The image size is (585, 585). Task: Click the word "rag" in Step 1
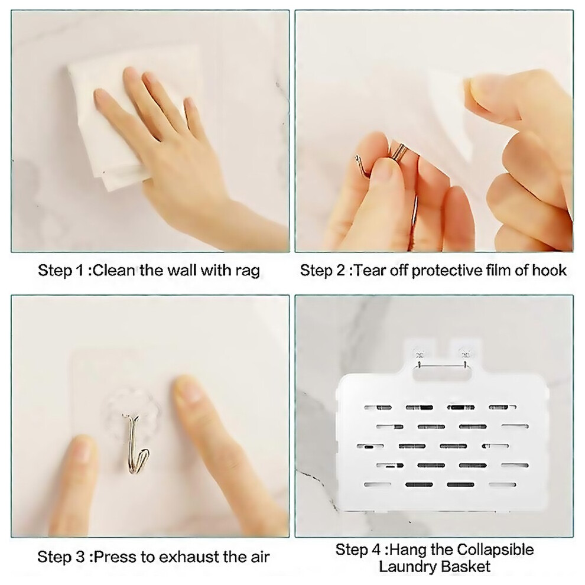248,271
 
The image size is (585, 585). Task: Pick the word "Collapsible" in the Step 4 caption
495,550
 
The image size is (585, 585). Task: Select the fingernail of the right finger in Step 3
190,389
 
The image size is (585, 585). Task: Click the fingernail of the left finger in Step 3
80,450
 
